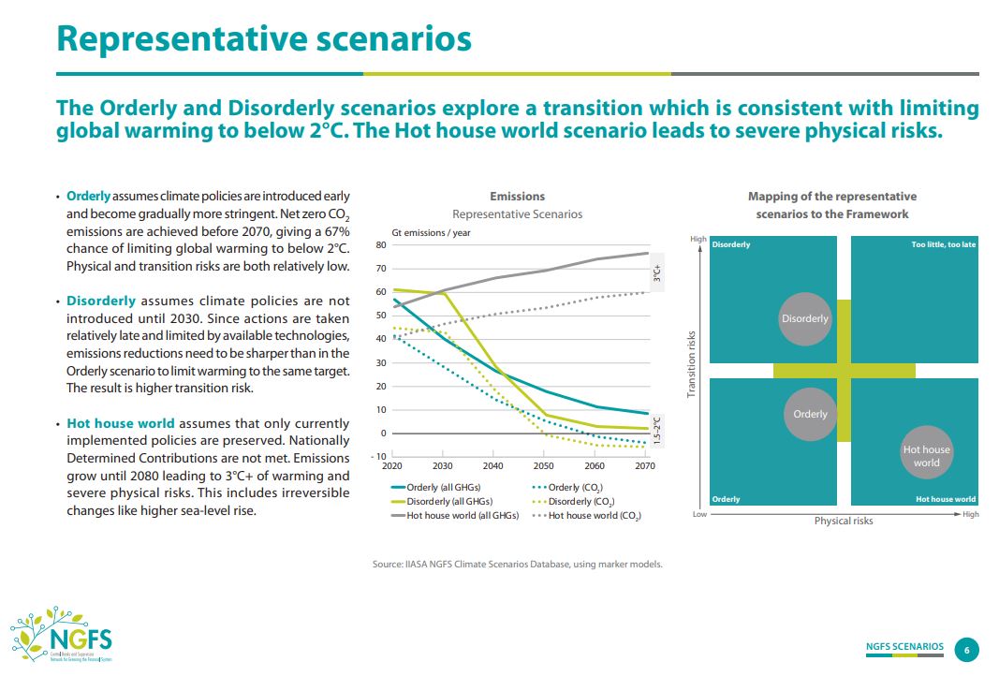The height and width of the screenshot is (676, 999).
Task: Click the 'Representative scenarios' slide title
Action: coord(264,39)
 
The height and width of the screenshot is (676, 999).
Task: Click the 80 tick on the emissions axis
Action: coord(381,245)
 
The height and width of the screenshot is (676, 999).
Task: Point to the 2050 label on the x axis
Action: coord(544,465)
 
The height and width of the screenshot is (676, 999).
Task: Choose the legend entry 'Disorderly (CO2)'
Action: coord(575,502)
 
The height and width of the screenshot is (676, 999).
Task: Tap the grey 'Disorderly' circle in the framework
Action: coord(805,318)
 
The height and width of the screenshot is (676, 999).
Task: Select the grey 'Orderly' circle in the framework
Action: coord(810,414)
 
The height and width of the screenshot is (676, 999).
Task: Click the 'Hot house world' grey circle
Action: coord(926,456)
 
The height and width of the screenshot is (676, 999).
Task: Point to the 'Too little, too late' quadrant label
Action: coord(944,245)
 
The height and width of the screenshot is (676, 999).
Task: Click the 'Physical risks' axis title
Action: coord(844,521)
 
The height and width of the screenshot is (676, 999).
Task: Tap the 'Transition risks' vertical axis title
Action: coord(692,363)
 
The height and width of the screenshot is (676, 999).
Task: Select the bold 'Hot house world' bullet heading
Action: coord(120,423)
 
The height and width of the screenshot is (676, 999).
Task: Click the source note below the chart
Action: coord(517,565)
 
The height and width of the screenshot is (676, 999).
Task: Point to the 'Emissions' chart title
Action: coord(517,197)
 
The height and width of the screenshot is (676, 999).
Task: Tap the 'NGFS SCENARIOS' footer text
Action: coord(904,647)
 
